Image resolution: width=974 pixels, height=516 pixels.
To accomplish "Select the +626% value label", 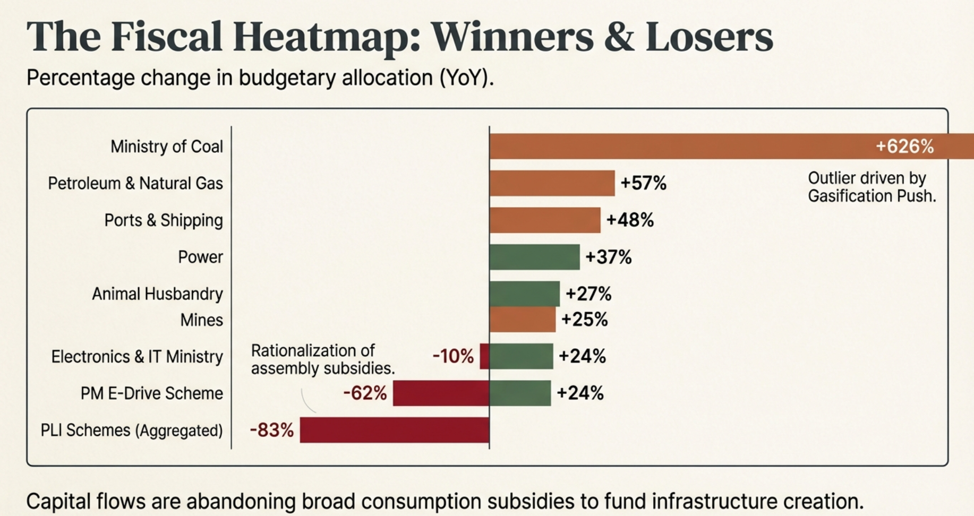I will pos(904,147).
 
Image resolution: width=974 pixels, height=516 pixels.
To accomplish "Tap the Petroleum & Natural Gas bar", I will pos(552,183).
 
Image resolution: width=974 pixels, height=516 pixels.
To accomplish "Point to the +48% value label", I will pos(630,220).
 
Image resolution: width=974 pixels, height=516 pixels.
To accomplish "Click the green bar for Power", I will pos(534,257).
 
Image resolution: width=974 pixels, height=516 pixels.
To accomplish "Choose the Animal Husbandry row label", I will pos(157,294).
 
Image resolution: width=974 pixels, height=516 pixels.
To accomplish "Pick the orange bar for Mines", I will pos(522,320).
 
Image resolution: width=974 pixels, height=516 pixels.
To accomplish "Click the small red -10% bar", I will pos(484,356).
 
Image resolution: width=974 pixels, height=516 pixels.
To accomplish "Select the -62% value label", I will pos(365,393).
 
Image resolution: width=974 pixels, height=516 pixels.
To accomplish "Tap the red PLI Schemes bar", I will pos(394,430).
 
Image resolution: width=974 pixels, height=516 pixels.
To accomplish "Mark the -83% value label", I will pos(271,430).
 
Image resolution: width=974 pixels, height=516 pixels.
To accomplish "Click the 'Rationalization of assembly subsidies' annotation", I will pos(322,359).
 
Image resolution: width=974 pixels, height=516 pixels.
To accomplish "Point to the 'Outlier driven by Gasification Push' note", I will pos(871,187).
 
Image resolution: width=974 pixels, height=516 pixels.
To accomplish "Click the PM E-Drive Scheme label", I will pos(151,393).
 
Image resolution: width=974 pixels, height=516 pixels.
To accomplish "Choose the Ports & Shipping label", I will pos(163,220).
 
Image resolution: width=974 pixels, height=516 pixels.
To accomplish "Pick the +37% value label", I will pos(608,257).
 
